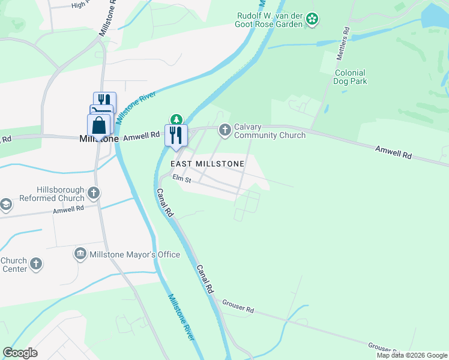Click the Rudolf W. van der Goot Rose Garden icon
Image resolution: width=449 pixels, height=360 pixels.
(312, 20)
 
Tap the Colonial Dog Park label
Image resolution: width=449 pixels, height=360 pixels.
(351, 77)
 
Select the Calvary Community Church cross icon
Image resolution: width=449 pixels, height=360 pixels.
(225, 130)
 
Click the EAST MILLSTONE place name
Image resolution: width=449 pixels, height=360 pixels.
(208, 164)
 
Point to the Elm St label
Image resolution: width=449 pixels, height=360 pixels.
(181, 178)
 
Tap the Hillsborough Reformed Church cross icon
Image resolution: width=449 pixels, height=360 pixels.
(93, 193)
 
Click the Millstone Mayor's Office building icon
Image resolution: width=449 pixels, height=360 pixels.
(80, 254)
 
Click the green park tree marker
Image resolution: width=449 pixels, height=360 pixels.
(176, 118)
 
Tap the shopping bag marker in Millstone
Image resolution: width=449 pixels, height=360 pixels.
(100, 127)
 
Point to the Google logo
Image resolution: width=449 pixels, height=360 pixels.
(20, 353)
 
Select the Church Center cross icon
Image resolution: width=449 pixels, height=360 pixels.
(36, 264)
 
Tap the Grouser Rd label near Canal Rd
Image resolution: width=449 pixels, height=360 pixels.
(238, 307)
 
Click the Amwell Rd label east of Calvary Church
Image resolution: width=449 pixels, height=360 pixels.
(394, 153)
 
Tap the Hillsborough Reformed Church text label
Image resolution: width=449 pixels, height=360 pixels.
(52, 193)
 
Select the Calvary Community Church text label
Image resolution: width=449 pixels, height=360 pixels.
(270, 131)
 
